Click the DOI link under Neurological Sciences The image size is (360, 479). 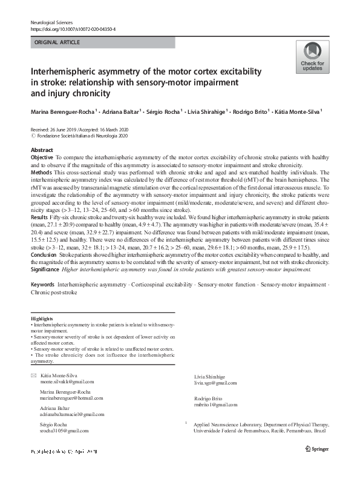(x=73, y=28)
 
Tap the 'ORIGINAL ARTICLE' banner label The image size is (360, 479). (x=57, y=42)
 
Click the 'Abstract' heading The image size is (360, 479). (x=42, y=150)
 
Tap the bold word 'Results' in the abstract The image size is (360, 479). (x=40, y=216)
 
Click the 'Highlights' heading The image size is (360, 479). (x=42, y=319)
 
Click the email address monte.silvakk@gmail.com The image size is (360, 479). (x=67, y=382)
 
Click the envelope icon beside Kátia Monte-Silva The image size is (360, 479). (x=33, y=376)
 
